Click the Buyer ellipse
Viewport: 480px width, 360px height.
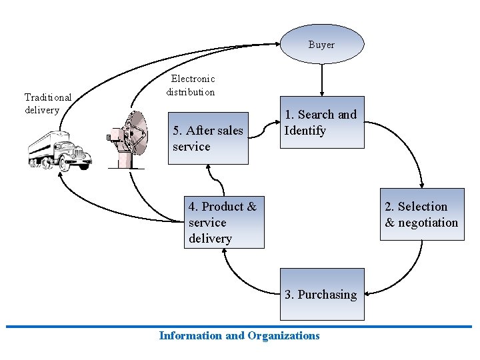(321, 44)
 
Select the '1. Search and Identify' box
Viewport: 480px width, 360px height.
(322, 123)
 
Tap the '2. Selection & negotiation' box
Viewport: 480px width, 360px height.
(422, 215)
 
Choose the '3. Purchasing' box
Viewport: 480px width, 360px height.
(322, 294)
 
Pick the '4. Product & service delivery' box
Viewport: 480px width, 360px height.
(224, 222)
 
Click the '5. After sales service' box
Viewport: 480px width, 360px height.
(209, 138)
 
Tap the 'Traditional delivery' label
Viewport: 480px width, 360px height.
(47, 103)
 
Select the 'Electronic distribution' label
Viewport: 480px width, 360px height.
(191, 85)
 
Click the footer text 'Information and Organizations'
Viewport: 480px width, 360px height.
(239, 335)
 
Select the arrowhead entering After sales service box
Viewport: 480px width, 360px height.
(211, 169)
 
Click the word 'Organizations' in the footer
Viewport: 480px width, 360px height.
(283, 335)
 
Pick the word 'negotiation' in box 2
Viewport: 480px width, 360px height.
(428, 223)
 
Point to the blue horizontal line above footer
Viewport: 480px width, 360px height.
(239, 327)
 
